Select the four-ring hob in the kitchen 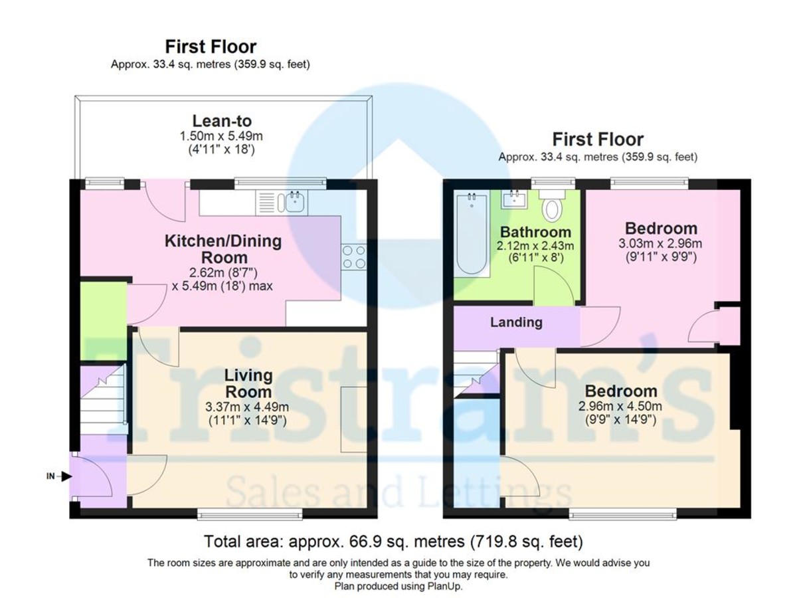click(353, 256)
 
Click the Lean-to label click(222, 121)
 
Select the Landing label click(516, 323)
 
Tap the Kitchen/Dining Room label click(223, 249)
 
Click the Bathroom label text click(535, 233)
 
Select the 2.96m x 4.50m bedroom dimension click(619, 407)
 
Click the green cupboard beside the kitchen click(103, 322)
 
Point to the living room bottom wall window click(250, 514)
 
